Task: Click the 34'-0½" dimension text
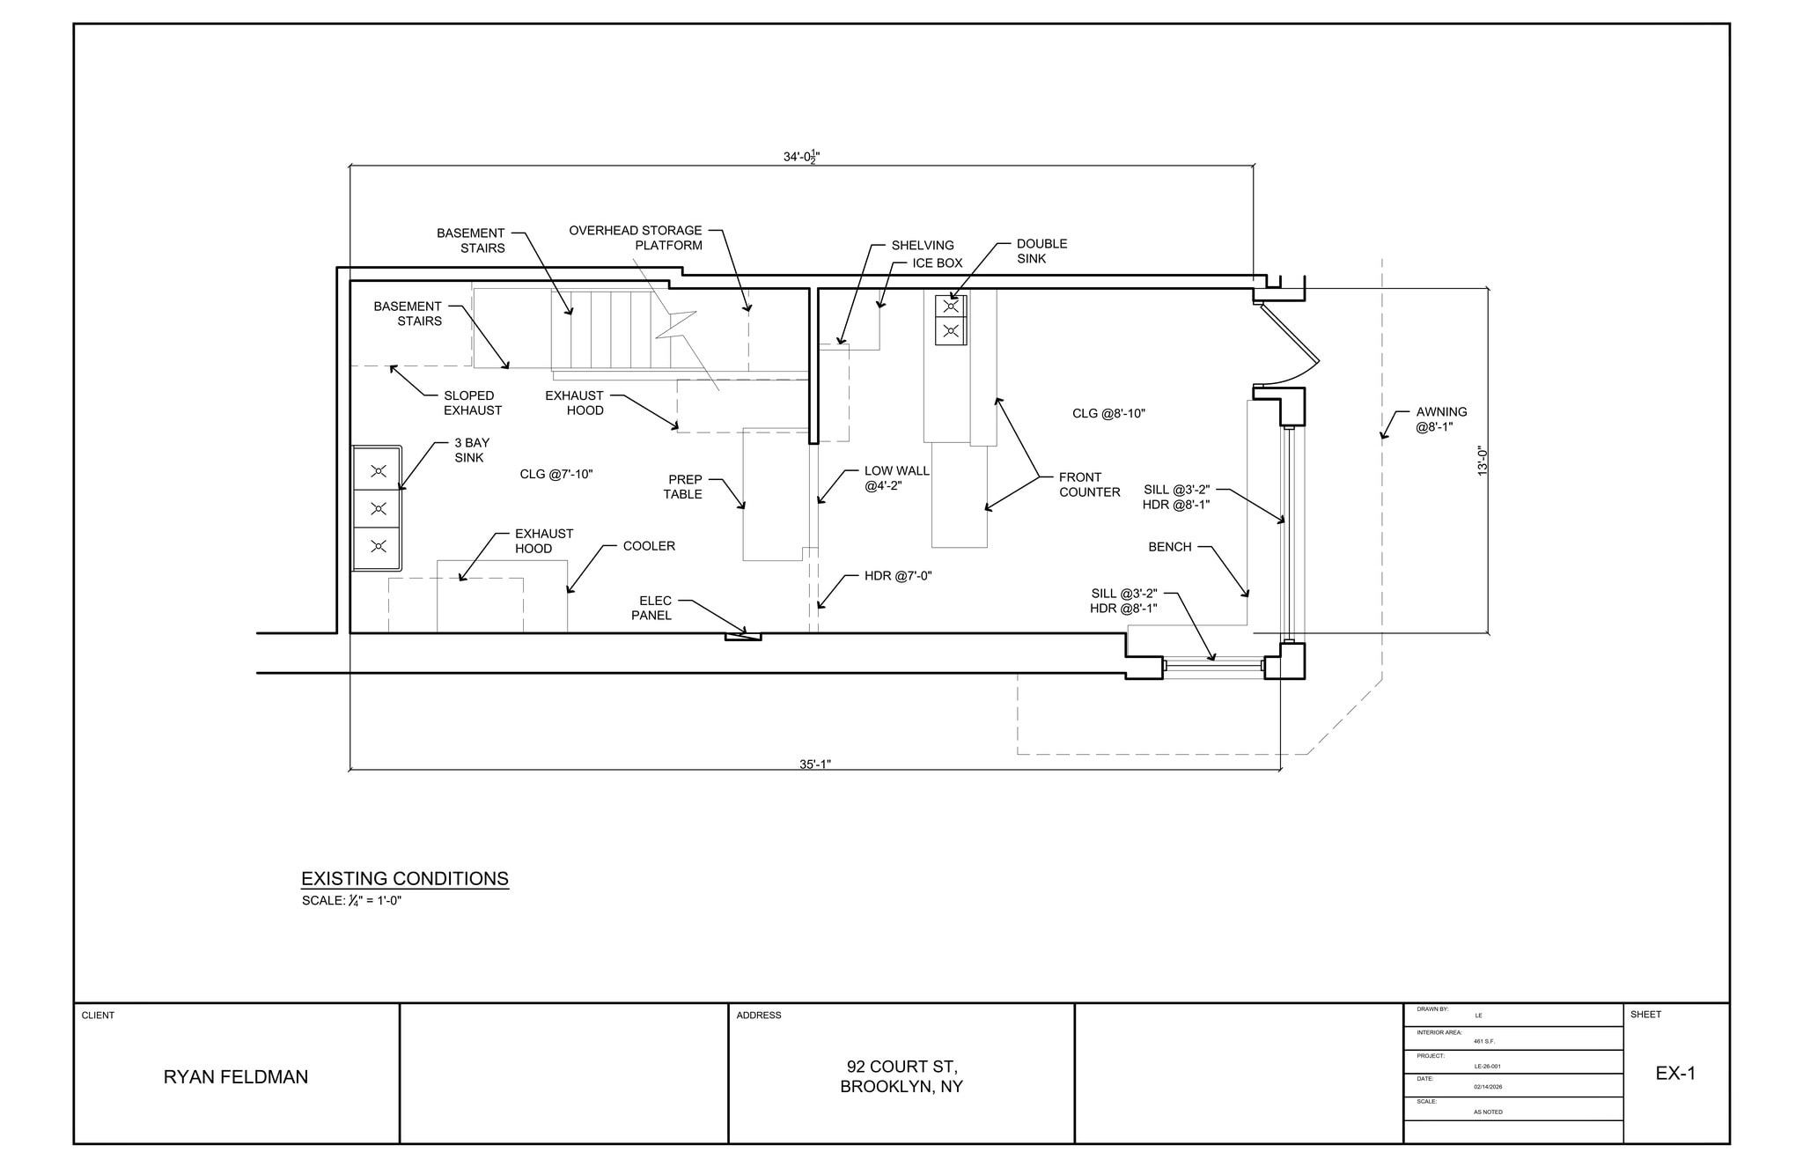pyautogui.click(x=802, y=157)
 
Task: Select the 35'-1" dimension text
pyautogui.click(x=815, y=764)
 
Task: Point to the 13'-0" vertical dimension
pyautogui.click(x=1483, y=462)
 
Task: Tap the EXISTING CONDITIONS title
pyautogui.click(x=405, y=878)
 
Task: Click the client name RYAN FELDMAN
pyautogui.click(x=236, y=1076)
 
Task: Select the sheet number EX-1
pyautogui.click(x=1675, y=1073)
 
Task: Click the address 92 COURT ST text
pyautogui.click(x=901, y=1067)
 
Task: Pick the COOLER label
pyautogui.click(x=649, y=546)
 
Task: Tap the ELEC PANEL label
pyautogui.click(x=651, y=609)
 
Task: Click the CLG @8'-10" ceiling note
pyautogui.click(x=1108, y=413)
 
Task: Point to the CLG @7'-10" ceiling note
pyautogui.click(x=556, y=474)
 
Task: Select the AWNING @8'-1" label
pyautogui.click(x=1441, y=419)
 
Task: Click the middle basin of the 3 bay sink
pyautogui.click(x=379, y=508)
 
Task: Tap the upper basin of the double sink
pyautogui.click(x=951, y=307)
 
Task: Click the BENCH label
pyautogui.click(x=1169, y=547)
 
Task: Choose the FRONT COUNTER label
pyautogui.click(x=1089, y=484)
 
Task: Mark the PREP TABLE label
pyautogui.click(x=683, y=487)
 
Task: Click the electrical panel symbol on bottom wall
pyautogui.click(x=743, y=636)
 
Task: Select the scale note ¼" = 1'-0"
pyautogui.click(x=352, y=901)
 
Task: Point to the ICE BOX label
pyautogui.click(x=937, y=262)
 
